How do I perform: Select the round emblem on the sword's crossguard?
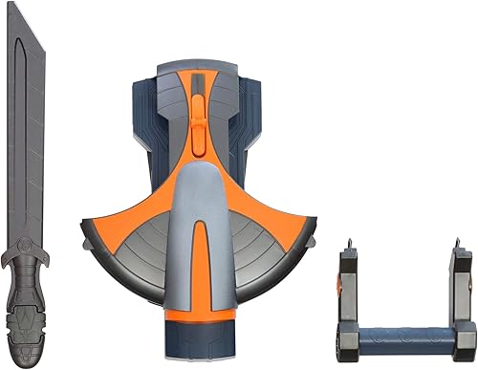[x=27, y=255]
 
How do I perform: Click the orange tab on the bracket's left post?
[x=341, y=280]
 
